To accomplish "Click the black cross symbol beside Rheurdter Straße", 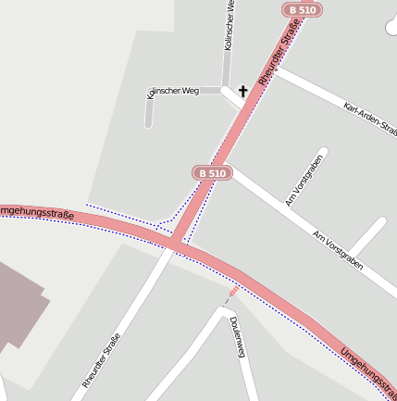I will [243, 91].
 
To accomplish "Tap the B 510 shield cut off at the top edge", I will [303, 9].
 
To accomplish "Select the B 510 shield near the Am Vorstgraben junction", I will [212, 173].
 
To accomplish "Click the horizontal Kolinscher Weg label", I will [174, 92].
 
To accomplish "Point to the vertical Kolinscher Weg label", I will [230, 25].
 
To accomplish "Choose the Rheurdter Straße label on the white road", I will [102, 359].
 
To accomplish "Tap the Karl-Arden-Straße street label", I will [369, 120].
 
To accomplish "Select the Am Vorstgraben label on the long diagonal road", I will [339, 250].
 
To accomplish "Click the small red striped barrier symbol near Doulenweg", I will [232, 292].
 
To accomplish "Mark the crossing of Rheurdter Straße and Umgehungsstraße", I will [175, 244].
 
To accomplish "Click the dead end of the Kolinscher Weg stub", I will [148, 125].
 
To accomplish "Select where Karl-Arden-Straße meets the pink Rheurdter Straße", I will [266, 70].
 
